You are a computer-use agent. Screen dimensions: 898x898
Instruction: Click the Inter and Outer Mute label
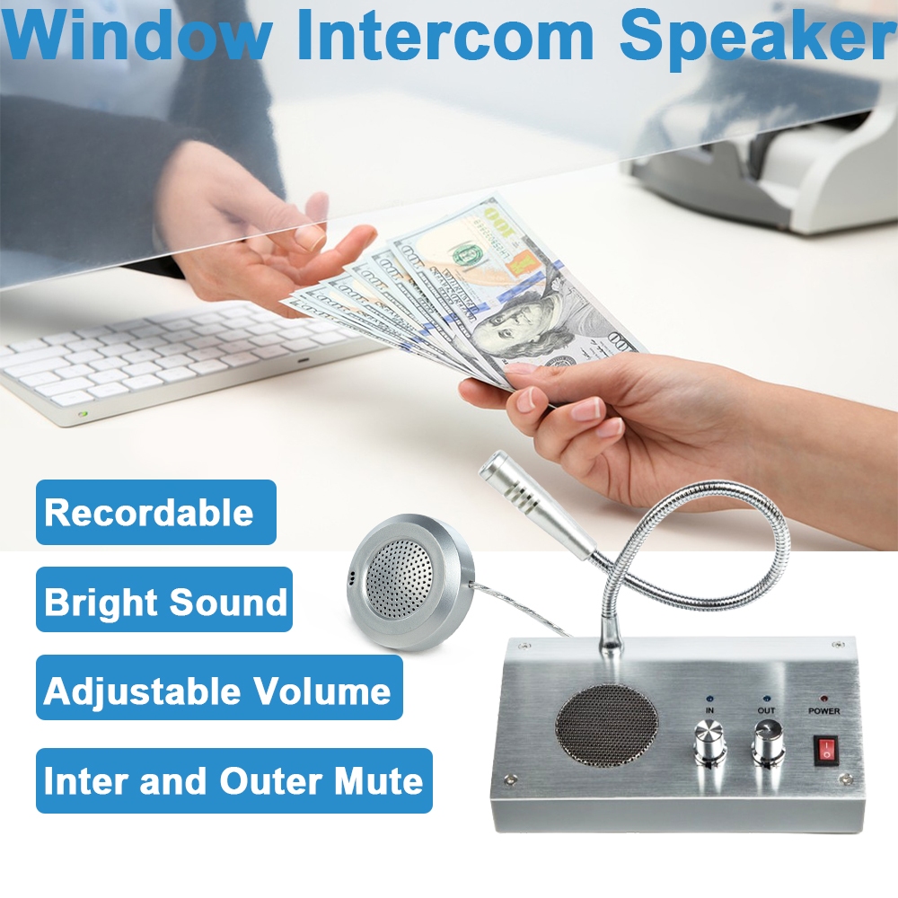[x=233, y=780]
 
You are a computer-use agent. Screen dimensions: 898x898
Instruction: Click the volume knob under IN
[x=709, y=744]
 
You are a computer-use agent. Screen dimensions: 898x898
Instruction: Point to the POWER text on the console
[x=823, y=711]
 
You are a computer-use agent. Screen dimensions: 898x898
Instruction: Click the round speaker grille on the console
[x=606, y=726]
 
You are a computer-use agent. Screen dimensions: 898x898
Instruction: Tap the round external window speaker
[x=410, y=580]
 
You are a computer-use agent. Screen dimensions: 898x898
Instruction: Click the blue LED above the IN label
[x=709, y=697]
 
